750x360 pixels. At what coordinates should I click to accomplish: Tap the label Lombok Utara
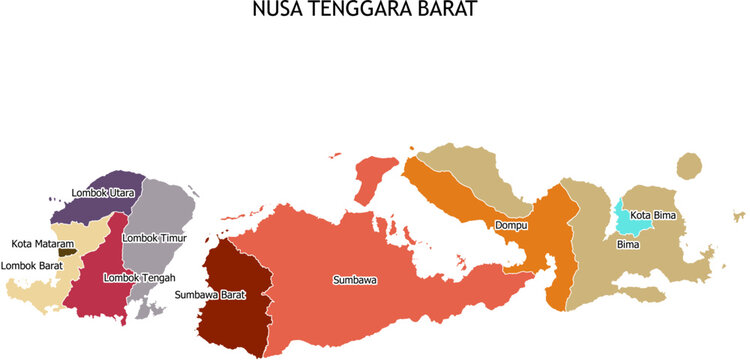103,192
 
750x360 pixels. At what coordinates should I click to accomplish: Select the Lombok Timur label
153,238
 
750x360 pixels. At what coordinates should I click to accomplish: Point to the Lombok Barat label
32,265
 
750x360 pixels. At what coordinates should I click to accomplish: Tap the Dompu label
511,226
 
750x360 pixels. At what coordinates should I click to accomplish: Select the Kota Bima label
653,214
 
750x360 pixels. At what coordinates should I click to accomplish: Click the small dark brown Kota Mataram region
66,252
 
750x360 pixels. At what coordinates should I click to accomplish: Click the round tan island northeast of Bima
688,165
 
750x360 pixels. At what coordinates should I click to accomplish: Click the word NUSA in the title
276,11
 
